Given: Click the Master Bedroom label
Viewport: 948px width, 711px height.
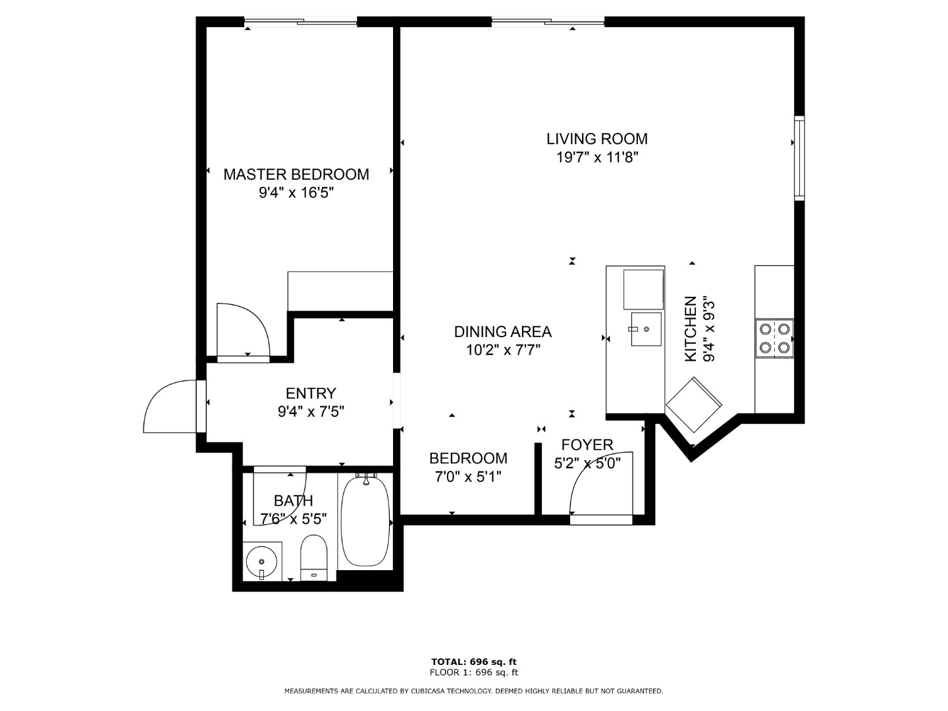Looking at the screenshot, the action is (296, 174).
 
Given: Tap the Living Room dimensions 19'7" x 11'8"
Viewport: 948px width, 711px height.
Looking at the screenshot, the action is (597, 157).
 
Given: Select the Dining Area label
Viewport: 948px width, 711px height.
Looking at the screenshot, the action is (503, 332).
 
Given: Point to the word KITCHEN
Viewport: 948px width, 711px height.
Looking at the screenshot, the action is (691, 329).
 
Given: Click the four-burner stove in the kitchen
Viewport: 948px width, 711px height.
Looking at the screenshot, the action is (774, 338).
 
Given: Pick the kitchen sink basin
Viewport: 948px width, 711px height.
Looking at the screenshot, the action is (646, 329).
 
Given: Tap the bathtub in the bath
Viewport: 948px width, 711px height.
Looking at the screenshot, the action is (365, 521).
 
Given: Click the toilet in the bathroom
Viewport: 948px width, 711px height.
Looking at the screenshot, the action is (313, 558).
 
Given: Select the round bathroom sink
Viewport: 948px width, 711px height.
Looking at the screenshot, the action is (262, 562).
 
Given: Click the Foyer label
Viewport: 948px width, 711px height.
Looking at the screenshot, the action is (587, 444).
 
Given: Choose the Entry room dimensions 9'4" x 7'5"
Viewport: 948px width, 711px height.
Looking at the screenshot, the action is (311, 412).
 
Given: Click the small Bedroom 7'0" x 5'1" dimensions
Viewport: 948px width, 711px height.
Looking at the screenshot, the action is (467, 477).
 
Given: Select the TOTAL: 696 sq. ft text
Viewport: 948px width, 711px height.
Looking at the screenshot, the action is (474, 662).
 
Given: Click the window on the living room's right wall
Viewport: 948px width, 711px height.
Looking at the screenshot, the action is (799, 158).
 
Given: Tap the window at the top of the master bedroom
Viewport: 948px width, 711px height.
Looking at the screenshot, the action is (301, 22).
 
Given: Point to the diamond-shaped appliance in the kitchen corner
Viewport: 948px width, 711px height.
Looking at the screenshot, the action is (693, 405).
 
